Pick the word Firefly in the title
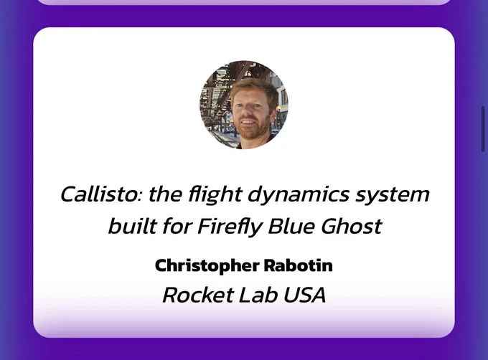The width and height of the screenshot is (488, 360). [229, 227]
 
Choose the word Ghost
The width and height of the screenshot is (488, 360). [351, 225]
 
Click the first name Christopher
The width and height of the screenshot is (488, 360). [207, 266]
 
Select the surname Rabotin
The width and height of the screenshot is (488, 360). [298, 265]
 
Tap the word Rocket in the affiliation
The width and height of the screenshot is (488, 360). [198, 295]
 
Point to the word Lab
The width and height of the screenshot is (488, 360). [258, 295]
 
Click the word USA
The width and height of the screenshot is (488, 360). [304, 295]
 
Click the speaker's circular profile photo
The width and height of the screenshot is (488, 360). [244, 105]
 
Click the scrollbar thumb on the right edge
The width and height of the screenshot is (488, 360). [483, 128]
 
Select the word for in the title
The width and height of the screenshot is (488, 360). [176, 225]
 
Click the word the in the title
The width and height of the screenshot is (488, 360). [165, 194]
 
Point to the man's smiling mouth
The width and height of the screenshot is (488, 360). [248, 122]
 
